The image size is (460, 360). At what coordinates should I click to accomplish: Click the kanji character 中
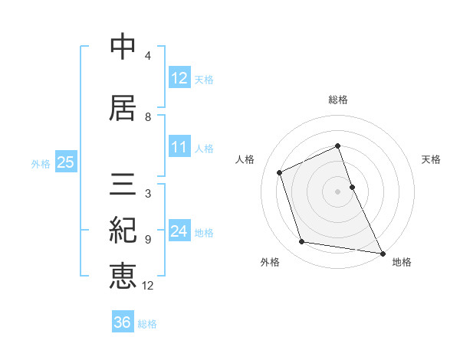click(x=123, y=47)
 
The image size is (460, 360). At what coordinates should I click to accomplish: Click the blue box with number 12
click(x=179, y=78)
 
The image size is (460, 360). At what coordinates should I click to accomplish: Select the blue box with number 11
click(x=179, y=148)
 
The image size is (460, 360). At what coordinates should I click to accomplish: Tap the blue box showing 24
click(x=179, y=231)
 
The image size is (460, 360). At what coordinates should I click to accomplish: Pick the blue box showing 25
click(x=65, y=162)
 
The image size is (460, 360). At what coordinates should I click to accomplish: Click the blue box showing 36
click(x=123, y=322)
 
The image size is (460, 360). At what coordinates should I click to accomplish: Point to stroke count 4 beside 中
click(x=148, y=56)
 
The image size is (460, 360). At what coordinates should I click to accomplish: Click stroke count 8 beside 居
click(x=148, y=117)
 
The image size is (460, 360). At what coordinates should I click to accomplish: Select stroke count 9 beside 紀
click(x=148, y=239)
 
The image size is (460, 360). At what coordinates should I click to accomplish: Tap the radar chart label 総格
click(x=338, y=100)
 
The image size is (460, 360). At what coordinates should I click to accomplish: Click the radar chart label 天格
click(x=432, y=159)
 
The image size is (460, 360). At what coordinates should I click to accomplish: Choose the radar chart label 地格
click(x=402, y=262)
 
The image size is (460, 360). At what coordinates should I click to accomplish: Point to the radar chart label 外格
click(x=270, y=262)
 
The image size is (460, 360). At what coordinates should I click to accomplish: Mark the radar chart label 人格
click(x=245, y=159)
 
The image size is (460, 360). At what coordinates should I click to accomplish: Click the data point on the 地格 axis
click(x=382, y=252)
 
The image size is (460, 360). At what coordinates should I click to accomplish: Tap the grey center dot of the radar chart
click(x=338, y=191)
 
